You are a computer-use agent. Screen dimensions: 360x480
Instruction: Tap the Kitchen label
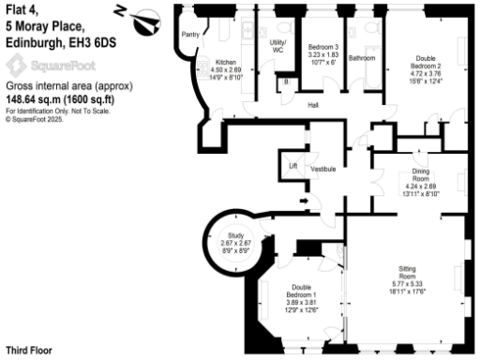205,62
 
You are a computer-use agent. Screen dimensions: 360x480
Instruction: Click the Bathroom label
362,58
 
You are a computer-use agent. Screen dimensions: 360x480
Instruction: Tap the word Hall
315,105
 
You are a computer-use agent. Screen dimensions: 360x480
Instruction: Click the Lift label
292,166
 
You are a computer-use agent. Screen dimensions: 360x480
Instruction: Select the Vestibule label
324,169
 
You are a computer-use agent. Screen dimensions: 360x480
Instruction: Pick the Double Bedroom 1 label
301,290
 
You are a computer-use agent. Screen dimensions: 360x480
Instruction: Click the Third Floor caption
28,351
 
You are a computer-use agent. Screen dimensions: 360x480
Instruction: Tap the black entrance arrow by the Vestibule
302,200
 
